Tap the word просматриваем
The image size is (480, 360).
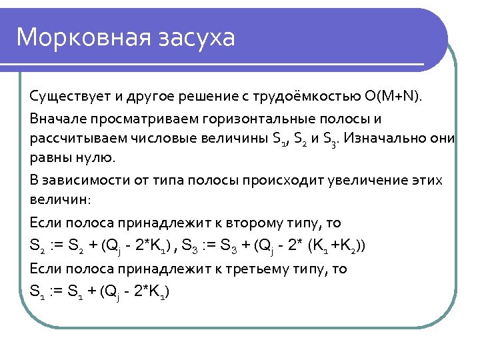pos(134,119)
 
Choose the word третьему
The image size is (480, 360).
pos(259,269)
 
